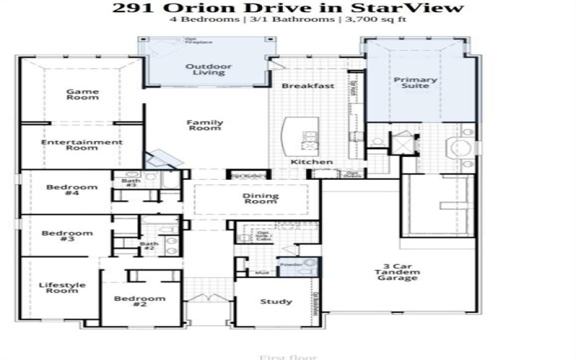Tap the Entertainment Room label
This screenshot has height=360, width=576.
81,145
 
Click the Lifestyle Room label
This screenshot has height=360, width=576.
62,288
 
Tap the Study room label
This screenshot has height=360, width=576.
276,302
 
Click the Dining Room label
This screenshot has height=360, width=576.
259,198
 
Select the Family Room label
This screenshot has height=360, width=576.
205,125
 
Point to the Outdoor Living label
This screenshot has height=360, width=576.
209,69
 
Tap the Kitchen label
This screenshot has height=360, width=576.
312,162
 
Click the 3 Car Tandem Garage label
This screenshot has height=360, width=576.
396,274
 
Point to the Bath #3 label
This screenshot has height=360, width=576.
131,183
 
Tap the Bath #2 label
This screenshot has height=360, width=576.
148,246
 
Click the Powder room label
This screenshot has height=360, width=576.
291,264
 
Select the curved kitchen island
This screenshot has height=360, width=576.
289,135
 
